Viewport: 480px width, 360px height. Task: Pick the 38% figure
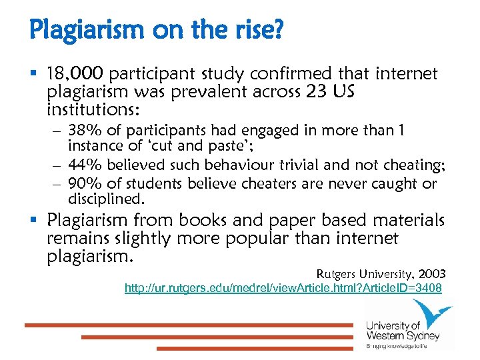pos(83,131)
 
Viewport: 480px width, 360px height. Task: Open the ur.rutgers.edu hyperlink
pos(283,288)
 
